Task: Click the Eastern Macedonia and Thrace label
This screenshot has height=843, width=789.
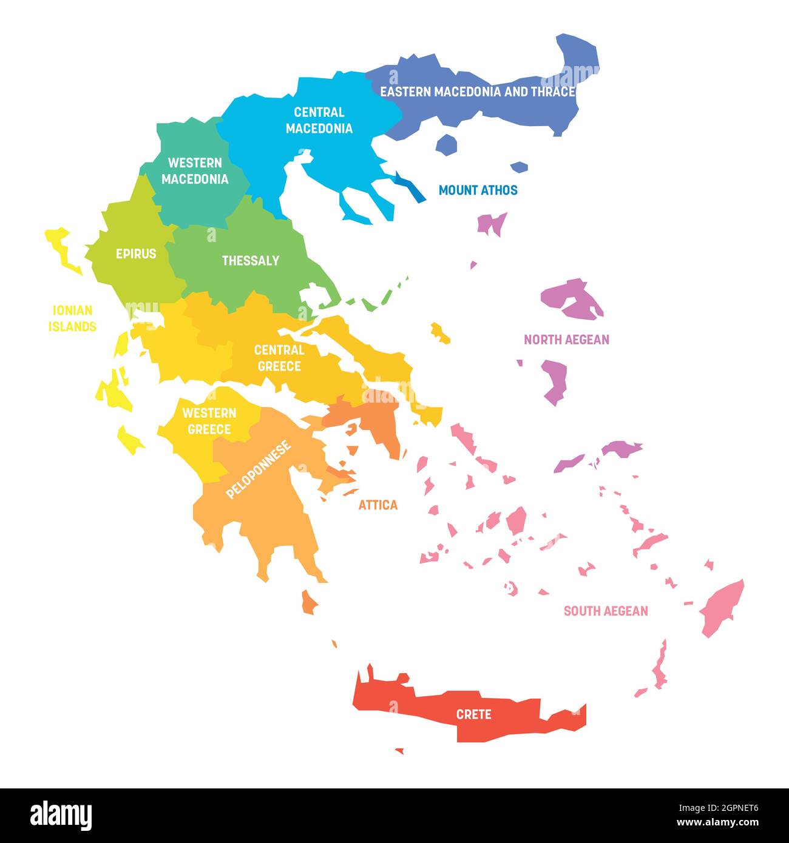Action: (477, 92)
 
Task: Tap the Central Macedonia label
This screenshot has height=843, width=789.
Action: (319, 120)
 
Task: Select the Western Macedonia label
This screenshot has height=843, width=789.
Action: (195, 170)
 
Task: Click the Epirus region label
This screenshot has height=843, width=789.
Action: (136, 254)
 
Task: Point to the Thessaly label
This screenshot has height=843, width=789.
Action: (250, 260)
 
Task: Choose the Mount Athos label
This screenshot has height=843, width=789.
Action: (478, 190)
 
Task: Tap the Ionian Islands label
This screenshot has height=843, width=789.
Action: (72, 318)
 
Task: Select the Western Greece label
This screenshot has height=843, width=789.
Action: (209, 421)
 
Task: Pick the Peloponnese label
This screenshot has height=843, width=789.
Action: (259, 469)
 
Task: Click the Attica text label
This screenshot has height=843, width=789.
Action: (378, 505)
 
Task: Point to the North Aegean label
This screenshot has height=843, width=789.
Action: (566, 340)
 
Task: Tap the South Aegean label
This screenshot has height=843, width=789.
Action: (606, 611)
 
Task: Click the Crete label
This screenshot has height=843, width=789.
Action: (473, 714)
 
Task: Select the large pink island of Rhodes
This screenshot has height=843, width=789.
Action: (722, 606)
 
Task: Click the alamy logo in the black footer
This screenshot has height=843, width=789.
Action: (61, 816)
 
